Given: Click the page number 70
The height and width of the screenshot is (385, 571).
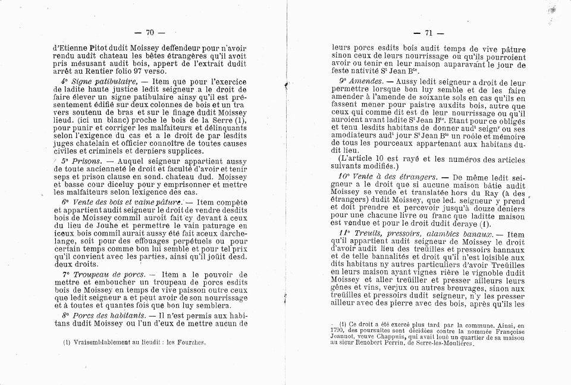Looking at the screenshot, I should coord(149,32).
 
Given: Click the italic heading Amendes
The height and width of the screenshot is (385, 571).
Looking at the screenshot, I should coord(369,79).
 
